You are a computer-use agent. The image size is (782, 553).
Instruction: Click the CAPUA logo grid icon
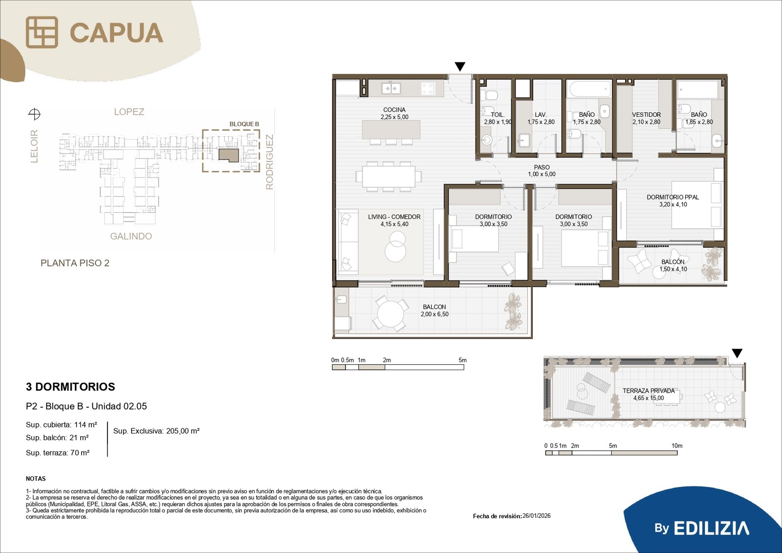(x=42, y=32)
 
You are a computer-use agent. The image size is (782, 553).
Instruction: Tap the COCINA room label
(x=394, y=110)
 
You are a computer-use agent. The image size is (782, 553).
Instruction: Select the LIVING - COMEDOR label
(x=394, y=217)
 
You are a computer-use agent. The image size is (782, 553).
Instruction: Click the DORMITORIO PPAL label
(x=673, y=198)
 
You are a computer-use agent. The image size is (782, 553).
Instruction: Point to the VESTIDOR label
(x=646, y=114)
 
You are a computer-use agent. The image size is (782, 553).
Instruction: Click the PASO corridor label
(x=542, y=167)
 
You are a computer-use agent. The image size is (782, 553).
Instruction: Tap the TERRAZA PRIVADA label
(x=649, y=391)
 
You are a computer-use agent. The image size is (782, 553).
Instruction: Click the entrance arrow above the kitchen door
(x=460, y=66)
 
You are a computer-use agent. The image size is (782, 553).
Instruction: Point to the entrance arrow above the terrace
(x=737, y=354)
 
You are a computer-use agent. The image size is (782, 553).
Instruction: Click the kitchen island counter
(x=391, y=129)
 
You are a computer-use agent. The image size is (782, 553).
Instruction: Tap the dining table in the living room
(x=389, y=177)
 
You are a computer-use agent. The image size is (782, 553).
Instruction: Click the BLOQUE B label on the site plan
(x=244, y=124)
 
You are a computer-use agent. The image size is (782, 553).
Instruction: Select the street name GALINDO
(x=131, y=237)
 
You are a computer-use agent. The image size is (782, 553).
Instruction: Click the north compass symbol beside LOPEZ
(x=34, y=114)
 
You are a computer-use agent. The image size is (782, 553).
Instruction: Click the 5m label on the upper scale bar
(x=462, y=360)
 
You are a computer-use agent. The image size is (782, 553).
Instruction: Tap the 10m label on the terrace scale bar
(x=677, y=446)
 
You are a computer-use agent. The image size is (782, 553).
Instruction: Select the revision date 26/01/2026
(x=537, y=516)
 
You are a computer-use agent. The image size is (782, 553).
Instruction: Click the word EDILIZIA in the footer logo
(x=711, y=528)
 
